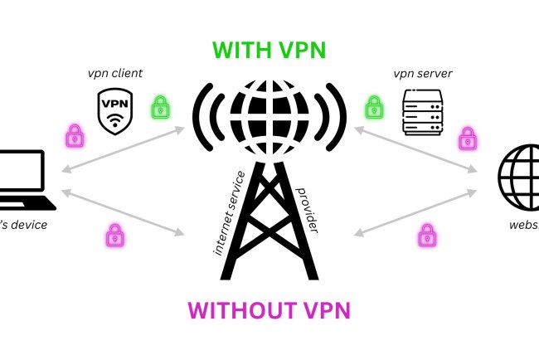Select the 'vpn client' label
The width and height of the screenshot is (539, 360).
pos(116,74)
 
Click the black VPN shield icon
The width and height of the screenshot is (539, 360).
pos(114,112)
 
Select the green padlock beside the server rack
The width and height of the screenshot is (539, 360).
pos(375,105)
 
